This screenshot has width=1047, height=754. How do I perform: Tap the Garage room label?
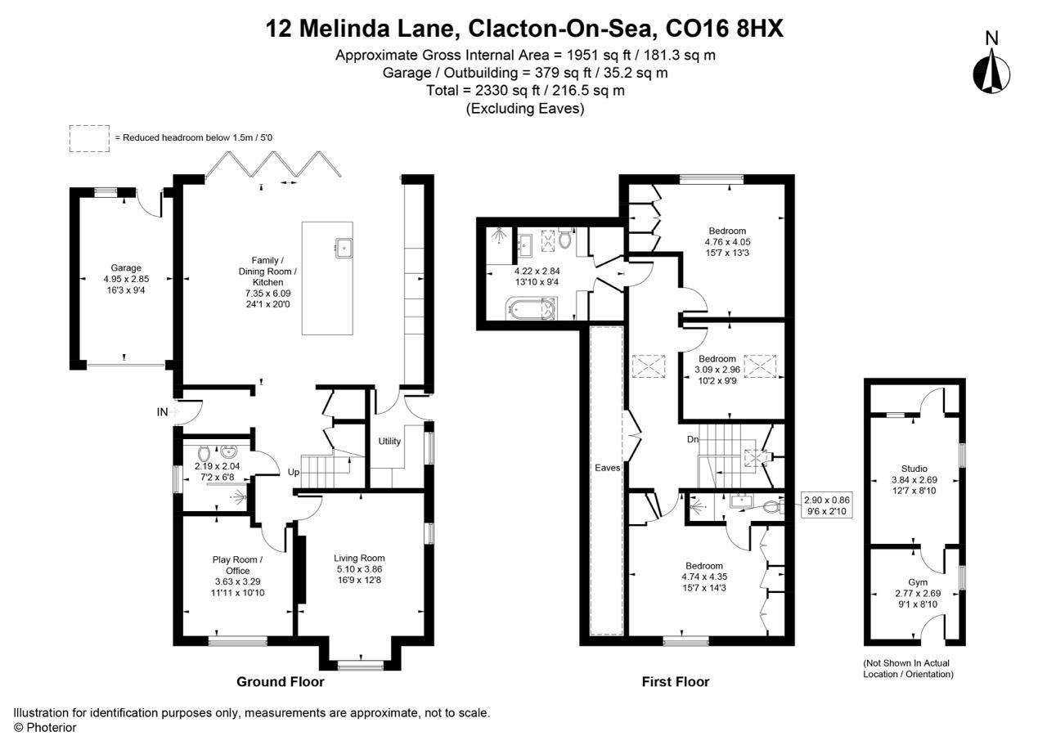click(x=126, y=267)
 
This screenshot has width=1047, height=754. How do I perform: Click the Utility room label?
click(x=389, y=442)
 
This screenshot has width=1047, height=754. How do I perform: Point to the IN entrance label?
click(x=162, y=412)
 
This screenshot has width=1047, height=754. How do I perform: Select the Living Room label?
click(x=360, y=559)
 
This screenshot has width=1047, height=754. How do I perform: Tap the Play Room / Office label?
click(x=237, y=565)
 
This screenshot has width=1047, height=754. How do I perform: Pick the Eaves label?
click(x=606, y=468)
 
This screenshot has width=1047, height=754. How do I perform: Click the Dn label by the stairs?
click(x=692, y=439)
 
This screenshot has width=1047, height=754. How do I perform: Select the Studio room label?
click(x=914, y=469)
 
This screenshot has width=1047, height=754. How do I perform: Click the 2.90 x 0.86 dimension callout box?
click(x=827, y=505)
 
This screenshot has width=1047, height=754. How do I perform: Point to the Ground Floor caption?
click(x=281, y=681)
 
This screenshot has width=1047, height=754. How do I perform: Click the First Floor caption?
click(x=676, y=681)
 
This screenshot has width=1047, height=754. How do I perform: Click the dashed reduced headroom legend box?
click(x=89, y=137)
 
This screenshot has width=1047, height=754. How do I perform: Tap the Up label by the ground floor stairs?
click(x=293, y=473)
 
